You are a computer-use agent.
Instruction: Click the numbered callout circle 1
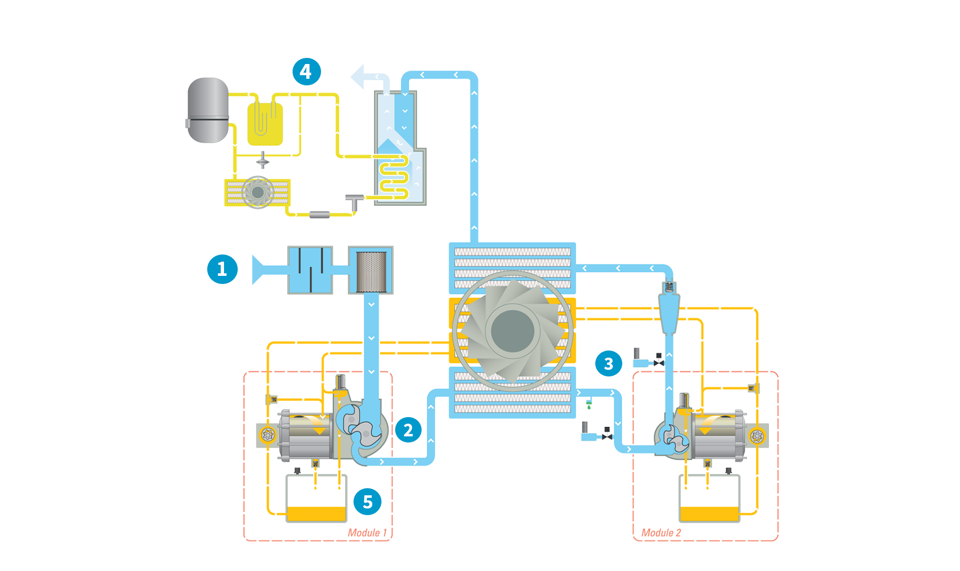tap(222, 269)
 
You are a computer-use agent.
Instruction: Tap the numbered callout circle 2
tap(408, 430)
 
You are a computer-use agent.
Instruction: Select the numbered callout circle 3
tap(609, 363)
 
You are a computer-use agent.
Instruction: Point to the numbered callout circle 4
tap(306, 72)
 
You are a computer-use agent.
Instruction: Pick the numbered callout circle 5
tap(367, 501)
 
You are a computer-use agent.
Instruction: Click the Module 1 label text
tap(367, 532)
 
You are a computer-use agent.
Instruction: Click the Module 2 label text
tap(661, 532)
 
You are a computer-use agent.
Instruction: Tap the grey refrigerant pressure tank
tap(208, 110)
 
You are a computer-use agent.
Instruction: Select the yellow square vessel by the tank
tap(265, 124)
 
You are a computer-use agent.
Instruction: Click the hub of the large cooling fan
tap(513, 331)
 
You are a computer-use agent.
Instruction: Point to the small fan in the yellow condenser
tap(258, 193)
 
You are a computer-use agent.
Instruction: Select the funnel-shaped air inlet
tap(259, 269)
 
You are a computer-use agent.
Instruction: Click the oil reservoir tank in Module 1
tap(316, 498)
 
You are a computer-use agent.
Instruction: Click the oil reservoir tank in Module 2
tap(709, 498)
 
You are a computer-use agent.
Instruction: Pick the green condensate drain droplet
tap(589, 407)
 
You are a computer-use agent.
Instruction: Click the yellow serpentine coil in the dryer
tap(394, 177)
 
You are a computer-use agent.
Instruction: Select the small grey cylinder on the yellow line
tap(319, 215)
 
